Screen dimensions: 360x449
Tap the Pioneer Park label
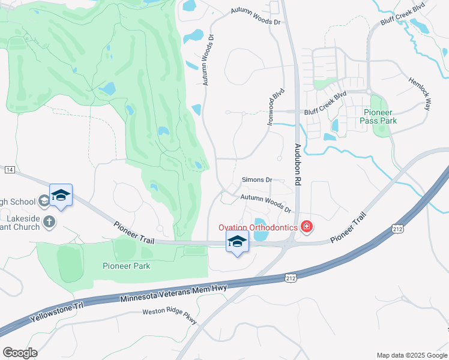coord(126,266)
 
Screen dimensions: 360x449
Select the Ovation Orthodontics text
coord(258,227)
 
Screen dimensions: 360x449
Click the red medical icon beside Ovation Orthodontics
coord(306,227)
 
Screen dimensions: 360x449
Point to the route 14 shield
coord(9,170)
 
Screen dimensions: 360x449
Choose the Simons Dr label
coord(257,179)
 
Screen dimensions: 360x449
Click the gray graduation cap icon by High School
coord(43,200)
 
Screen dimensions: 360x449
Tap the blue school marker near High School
coord(61,196)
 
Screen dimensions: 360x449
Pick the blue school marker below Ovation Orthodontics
coord(237,242)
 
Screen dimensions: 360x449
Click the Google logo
coord(20,352)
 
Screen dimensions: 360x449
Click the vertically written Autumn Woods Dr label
coord(208,58)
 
